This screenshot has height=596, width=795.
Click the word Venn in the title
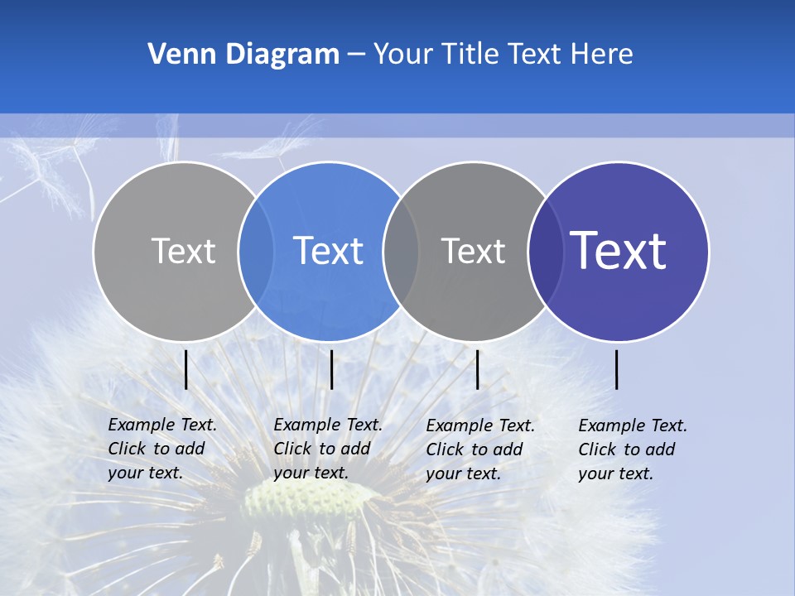pos(176,55)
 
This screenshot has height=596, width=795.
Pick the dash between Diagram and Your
pos(356,55)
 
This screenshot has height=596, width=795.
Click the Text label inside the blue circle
pos(329,251)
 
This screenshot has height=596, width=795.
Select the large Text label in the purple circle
pos(619,251)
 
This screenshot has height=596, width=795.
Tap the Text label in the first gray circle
pos(183,251)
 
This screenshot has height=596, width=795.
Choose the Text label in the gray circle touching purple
pos(473,251)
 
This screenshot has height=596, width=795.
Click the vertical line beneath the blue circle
pos(331,369)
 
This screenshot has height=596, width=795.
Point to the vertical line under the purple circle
pos(617,369)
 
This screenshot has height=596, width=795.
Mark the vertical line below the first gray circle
pos(186,369)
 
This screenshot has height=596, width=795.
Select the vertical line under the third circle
pos(478,369)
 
